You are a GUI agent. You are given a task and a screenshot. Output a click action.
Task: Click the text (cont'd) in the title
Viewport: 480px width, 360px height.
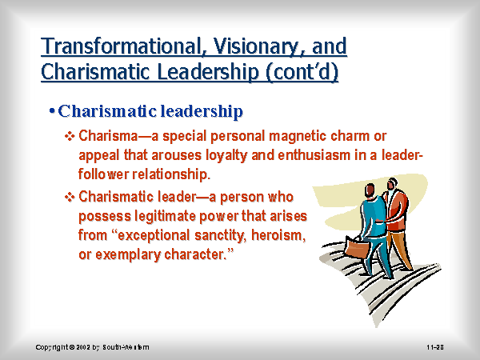click(302, 72)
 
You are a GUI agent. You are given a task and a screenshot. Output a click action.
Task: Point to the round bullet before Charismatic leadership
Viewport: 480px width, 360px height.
click(52, 110)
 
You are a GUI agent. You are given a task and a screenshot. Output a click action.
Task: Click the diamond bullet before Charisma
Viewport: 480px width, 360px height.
click(70, 136)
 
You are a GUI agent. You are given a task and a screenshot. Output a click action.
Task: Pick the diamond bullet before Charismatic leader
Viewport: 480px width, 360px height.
click(70, 197)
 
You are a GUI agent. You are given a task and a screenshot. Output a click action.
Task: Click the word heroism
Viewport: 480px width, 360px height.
click(278, 235)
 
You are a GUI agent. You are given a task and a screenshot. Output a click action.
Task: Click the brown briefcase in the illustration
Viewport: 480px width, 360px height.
click(358, 247)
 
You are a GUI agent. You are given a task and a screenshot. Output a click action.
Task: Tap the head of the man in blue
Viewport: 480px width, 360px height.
click(370, 190)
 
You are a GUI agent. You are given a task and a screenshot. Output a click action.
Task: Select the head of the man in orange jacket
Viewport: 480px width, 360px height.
click(392, 184)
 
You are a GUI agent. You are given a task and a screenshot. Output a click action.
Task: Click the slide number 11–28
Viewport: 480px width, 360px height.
click(435, 347)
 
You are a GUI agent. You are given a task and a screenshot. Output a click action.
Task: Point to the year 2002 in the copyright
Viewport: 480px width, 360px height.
click(82, 347)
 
